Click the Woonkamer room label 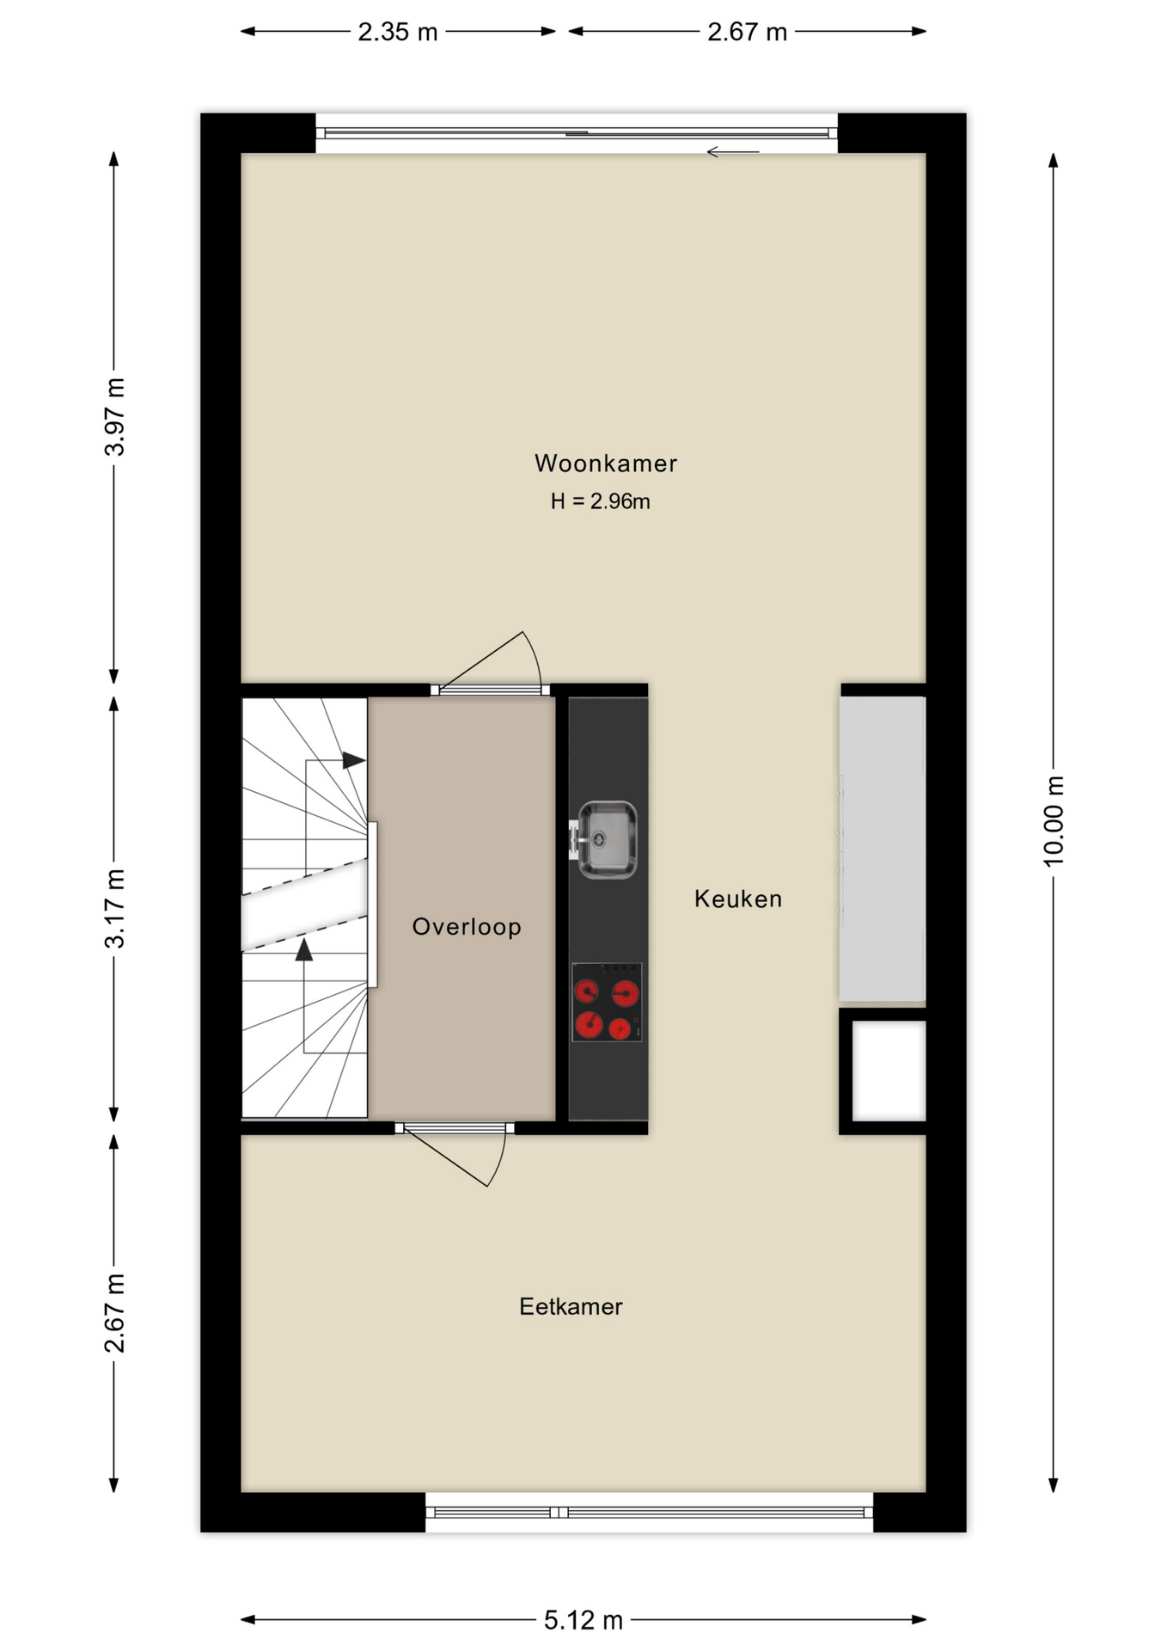pyautogui.click(x=606, y=463)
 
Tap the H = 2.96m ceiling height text pyautogui.click(x=601, y=501)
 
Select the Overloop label pyautogui.click(x=467, y=927)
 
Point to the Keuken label pyautogui.click(x=738, y=899)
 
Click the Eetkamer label pyautogui.click(x=571, y=1307)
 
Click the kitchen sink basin pyautogui.click(x=608, y=839)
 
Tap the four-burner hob pyautogui.click(x=607, y=1002)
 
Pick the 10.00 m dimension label pyautogui.click(x=1054, y=821)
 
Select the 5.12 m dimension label pyautogui.click(x=583, y=1621)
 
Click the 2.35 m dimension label pyautogui.click(x=398, y=33)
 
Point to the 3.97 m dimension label pyautogui.click(x=114, y=417)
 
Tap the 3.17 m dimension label pyautogui.click(x=114, y=909)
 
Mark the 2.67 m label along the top pyautogui.click(x=748, y=33)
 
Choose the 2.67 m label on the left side pyautogui.click(x=114, y=1313)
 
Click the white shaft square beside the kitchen pyautogui.click(x=889, y=1071)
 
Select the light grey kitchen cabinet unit pyautogui.click(x=883, y=849)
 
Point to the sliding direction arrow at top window pyautogui.click(x=733, y=152)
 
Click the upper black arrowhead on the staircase pyautogui.click(x=354, y=760)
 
